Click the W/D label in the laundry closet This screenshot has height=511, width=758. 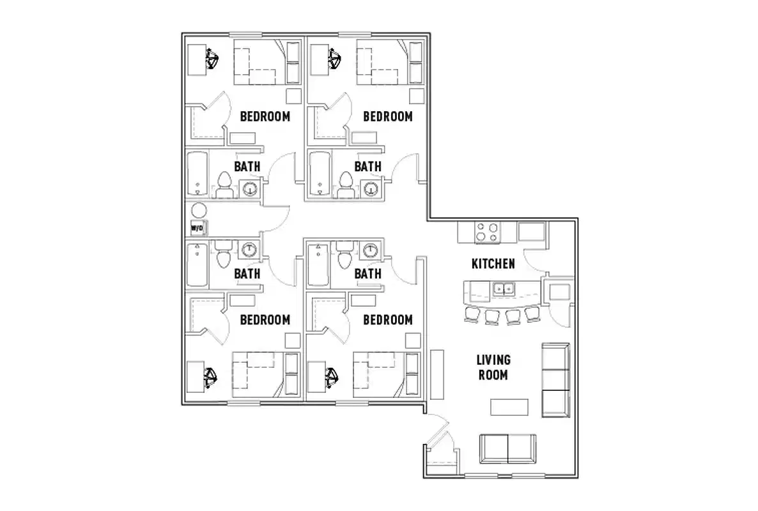coord(197,227)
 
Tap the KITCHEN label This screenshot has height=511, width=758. coord(493,263)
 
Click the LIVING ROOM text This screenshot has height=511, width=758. coord(494,368)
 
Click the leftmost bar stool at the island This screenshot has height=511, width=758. coord(472,314)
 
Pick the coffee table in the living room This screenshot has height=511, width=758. coord(509,407)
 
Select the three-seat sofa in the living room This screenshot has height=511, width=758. coord(555,380)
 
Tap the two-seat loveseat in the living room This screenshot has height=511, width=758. coord(509,448)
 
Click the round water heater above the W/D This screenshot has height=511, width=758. coord(199,210)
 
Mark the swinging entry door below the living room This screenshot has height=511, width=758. coord(438,431)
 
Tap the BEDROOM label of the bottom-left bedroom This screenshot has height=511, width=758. coord(265,319)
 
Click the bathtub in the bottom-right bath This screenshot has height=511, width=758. coord(318,265)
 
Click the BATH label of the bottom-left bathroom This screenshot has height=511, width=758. coord(247,273)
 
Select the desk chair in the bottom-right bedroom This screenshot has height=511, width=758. coord(334,377)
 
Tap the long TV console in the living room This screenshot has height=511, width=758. coord(438,374)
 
